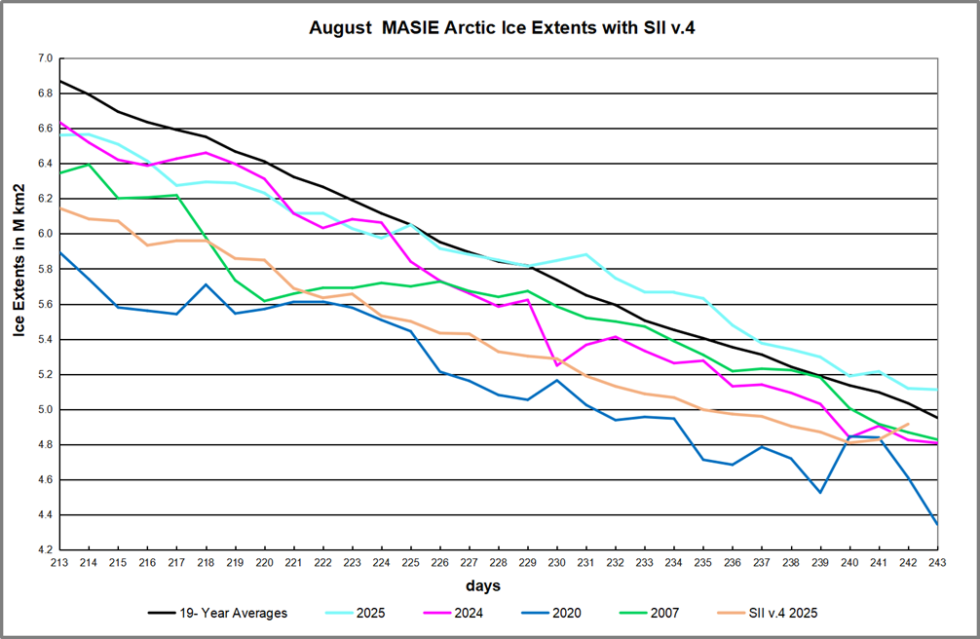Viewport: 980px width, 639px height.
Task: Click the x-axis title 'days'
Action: click(x=484, y=585)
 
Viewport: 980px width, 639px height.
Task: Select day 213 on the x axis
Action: click(x=60, y=562)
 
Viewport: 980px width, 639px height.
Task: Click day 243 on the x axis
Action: click(x=937, y=562)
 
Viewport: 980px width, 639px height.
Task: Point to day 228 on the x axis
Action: click(x=499, y=562)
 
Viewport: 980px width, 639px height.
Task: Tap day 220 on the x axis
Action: click(x=265, y=562)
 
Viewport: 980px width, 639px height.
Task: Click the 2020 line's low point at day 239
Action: click(x=820, y=492)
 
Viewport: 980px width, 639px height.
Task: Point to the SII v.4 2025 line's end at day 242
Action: click(x=908, y=424)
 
